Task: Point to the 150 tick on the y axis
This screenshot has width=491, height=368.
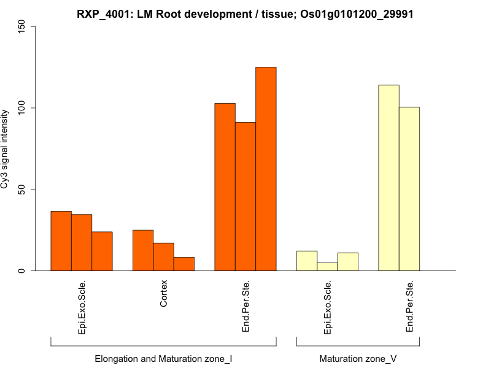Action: click(22, 26)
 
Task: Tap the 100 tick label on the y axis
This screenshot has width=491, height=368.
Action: click(22, 108)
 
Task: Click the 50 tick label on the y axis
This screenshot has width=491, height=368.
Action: click(22, 190)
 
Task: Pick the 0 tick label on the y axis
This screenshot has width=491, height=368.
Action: click(22, 270)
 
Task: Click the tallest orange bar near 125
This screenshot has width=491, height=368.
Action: click(266, 169)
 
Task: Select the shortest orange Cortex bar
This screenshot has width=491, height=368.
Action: click(184, 264)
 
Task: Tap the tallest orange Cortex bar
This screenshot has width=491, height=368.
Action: click(143, 250)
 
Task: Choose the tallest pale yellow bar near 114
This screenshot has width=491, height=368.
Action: click(389, 178)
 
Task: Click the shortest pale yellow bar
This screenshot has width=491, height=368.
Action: click(327, 267)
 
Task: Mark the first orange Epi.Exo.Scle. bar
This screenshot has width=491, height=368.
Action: click(61, 241)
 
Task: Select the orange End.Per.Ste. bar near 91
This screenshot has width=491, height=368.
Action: click(245, 196)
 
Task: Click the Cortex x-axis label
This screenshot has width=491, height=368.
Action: click(163, 294)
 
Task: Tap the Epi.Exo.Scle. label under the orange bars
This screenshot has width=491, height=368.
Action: click(82, 307)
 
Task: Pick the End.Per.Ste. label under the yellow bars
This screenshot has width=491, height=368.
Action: click(409, 307)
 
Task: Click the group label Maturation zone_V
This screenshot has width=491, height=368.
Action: click(358, 358)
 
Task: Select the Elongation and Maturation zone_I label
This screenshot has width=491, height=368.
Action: click(163, 358)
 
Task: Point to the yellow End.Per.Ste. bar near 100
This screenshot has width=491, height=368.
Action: click(409, 189)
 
